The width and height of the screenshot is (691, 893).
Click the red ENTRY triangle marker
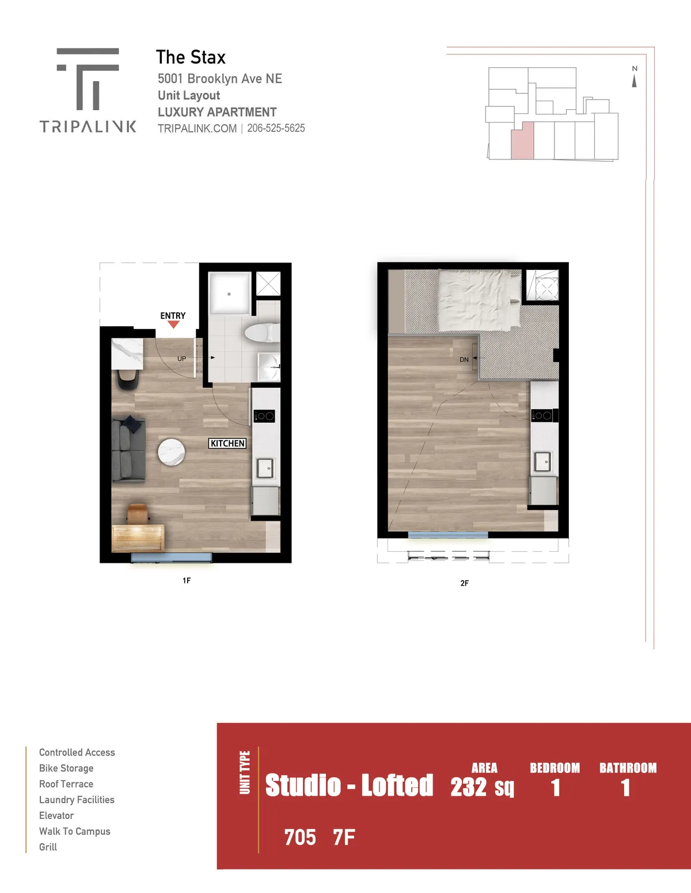click(x=173, y=325)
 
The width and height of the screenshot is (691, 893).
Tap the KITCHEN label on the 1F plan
click(x=227, y=444)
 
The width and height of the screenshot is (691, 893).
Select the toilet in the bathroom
click(x=262, y=332)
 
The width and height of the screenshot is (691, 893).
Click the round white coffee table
click(x=172, y=452)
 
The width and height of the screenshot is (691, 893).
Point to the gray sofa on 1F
click(x=128, y=450)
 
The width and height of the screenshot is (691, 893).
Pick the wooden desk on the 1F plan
click(x=138, y=538)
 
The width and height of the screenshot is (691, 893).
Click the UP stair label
click(x=182, y=359)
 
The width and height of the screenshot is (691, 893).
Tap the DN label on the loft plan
click(x=464, y=360)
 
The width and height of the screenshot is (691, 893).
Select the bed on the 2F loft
click(x=479, y=300)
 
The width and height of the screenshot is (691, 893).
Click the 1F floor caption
click(x=187, y=580)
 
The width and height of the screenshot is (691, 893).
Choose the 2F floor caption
click(x=465, y=583)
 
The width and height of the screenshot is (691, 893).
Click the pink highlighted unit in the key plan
click(x=522, y=140)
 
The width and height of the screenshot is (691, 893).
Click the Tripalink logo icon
click(x=88, y=79)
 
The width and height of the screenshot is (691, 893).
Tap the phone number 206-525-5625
click(x=276, y=128)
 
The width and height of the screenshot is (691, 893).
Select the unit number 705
click(x=300, y=838)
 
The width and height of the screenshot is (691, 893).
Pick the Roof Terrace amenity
click(x=66, y=784)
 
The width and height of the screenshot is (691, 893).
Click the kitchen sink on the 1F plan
click(x=265, y=468)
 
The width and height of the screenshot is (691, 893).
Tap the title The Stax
click(x=191, y=57)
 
